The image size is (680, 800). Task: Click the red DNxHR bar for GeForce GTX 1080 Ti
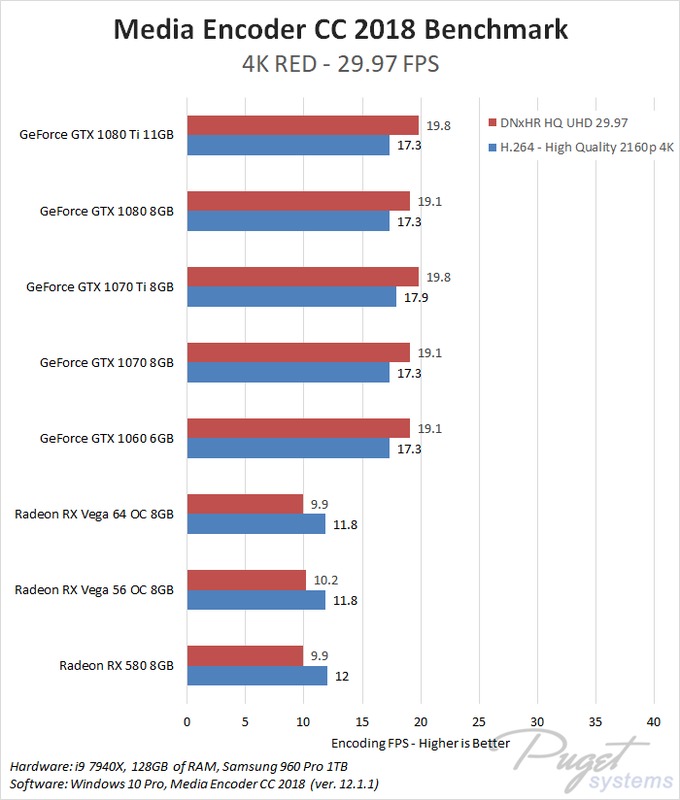click(302, 125)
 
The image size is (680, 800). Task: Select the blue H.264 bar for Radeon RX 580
click(256, 676)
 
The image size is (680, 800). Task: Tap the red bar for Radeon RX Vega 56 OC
click(246, 580)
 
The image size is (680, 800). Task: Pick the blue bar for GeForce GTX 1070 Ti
click(291, 297)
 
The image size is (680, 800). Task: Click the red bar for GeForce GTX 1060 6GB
click(298, 428)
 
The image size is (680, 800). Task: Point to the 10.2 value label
click(326, 580)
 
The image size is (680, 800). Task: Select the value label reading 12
click(342, 676)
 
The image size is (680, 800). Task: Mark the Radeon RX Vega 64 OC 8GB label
click(94, 514)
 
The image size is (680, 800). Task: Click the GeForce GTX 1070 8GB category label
click(106, 362)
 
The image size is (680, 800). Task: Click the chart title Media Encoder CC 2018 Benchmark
click(340, 30)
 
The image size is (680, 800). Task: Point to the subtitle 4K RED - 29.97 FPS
click(340, 64)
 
